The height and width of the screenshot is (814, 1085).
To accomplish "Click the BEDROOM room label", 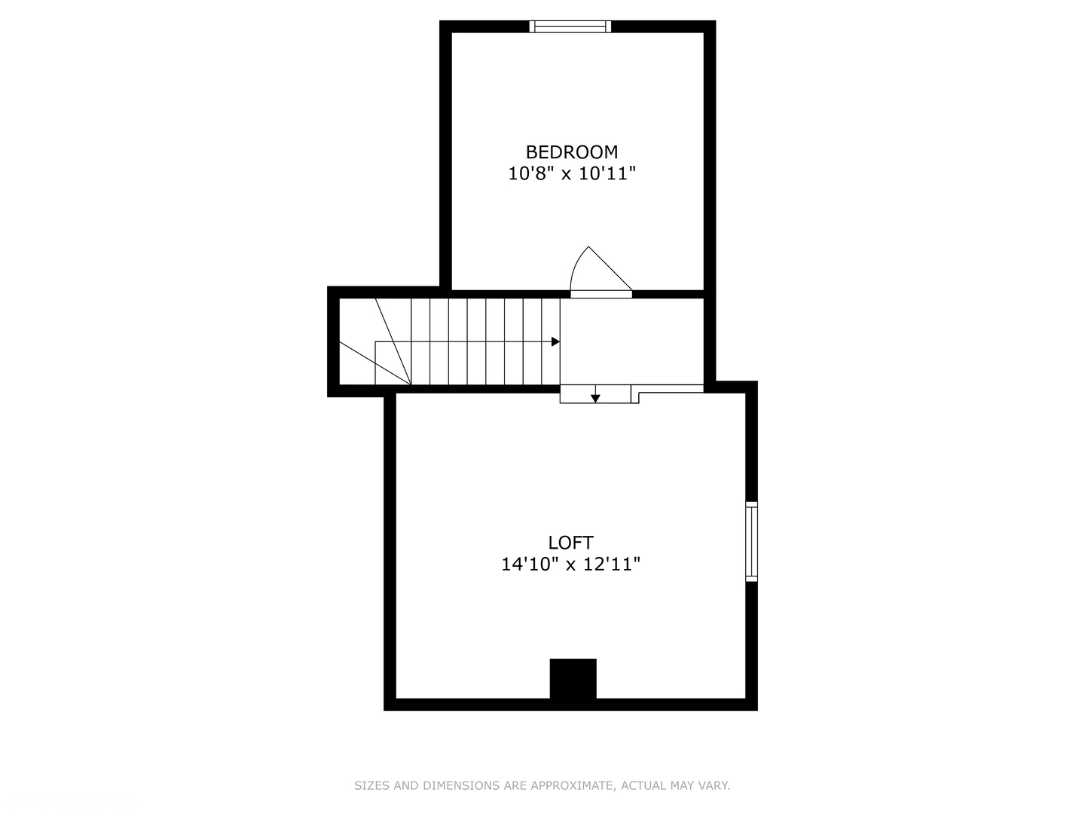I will click(x=571, y=151).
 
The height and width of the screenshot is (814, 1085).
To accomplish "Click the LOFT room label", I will click(x=570, y=542).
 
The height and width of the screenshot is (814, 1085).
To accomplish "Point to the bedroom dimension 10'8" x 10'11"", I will click(x=572, y=174).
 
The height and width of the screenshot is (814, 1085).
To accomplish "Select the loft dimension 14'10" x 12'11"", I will click(x=570, y=564).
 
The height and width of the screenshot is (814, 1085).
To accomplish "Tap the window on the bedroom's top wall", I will click(x=570, y=26).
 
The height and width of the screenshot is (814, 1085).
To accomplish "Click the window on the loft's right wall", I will click(x=751, y=541).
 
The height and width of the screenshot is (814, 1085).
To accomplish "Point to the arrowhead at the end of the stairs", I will click(x=555, y=341).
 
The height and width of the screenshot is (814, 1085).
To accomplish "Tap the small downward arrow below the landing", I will click(x=595, y=397).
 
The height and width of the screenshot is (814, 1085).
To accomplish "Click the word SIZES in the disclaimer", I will click(x=371, y=785).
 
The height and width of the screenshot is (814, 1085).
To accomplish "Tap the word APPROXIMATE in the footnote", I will click(x=572, y=785).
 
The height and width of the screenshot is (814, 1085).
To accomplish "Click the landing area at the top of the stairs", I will click(x=631, y=341).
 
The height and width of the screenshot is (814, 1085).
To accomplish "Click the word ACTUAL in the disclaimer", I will click(x=643, y=785).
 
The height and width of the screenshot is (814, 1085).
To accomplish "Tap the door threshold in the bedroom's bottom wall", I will click(x=601, y=294).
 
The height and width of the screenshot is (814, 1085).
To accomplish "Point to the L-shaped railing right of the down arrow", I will click(x=671, y=391).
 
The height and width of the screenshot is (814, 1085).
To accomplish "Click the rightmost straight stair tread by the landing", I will click(x=551, y=341).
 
